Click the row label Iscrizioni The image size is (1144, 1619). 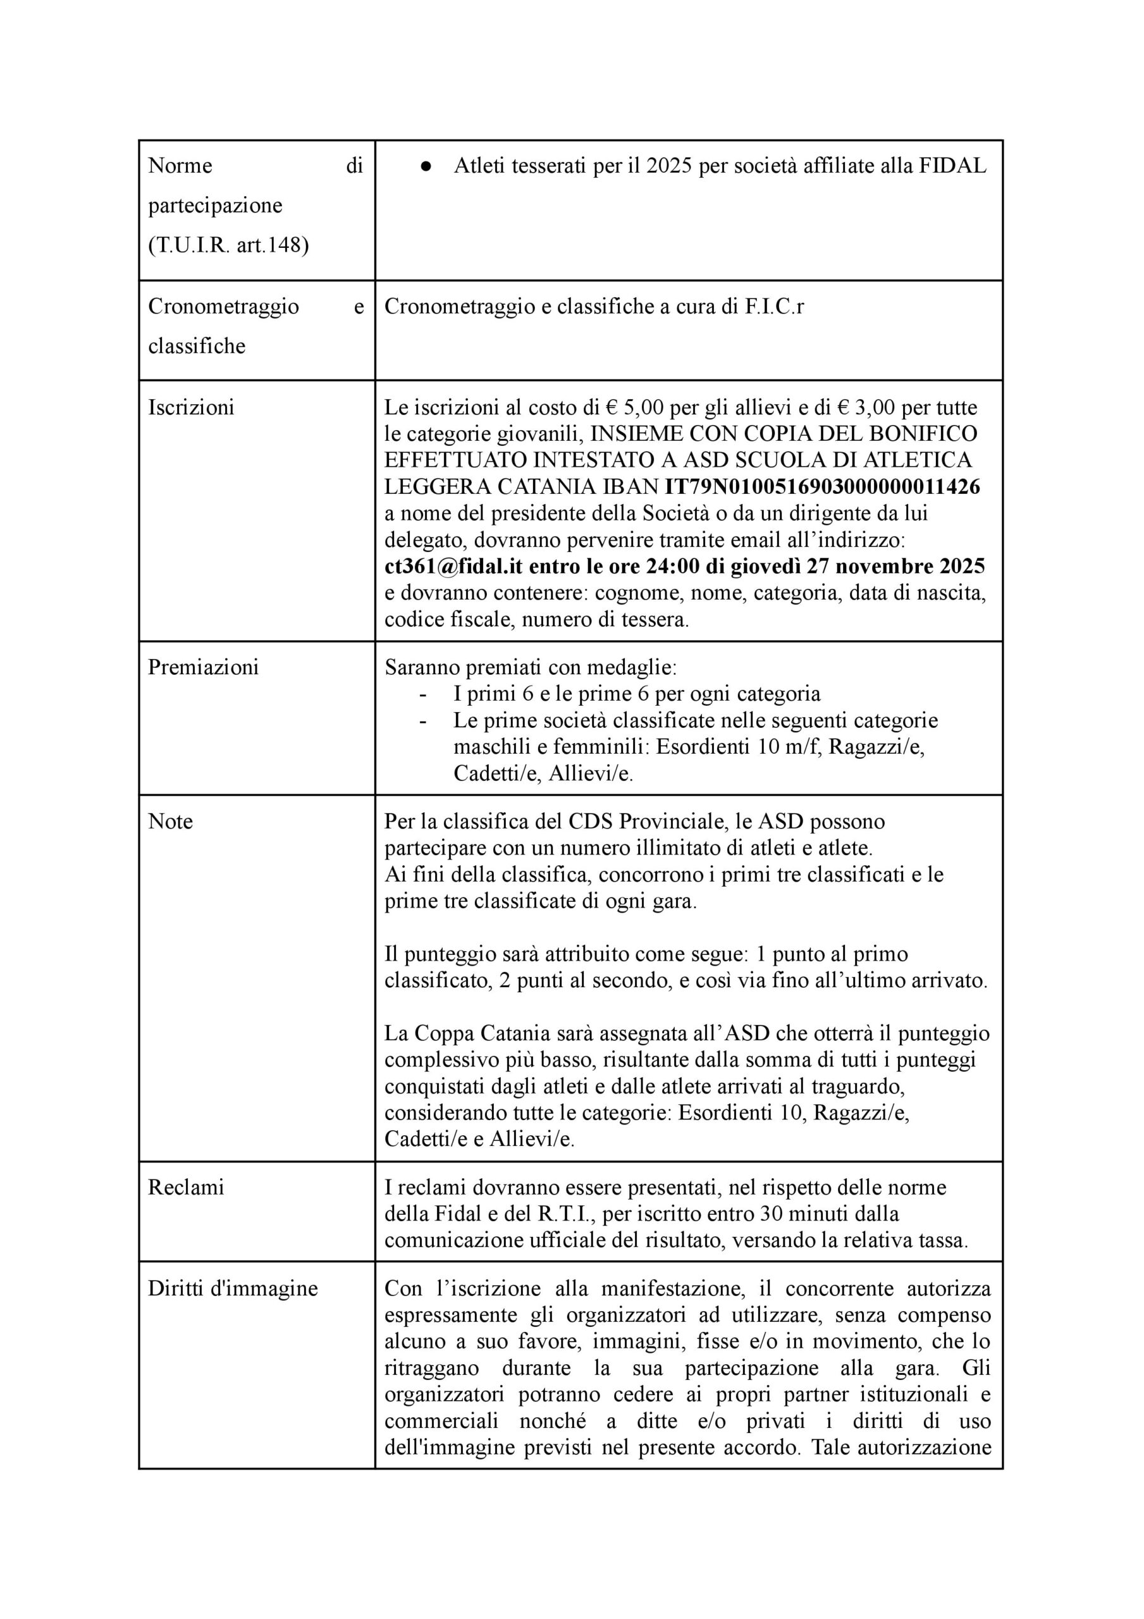[x=190, y=407]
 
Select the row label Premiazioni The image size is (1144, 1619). [x=203, y=667]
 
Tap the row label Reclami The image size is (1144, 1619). [x=185, y=1188]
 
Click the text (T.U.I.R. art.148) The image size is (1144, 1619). [x=228, y=245]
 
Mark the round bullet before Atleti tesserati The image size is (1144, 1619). [x=426, y=166]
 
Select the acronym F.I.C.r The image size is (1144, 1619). [x=773, y=307]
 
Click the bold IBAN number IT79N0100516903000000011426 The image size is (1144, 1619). [x=822, y=486]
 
